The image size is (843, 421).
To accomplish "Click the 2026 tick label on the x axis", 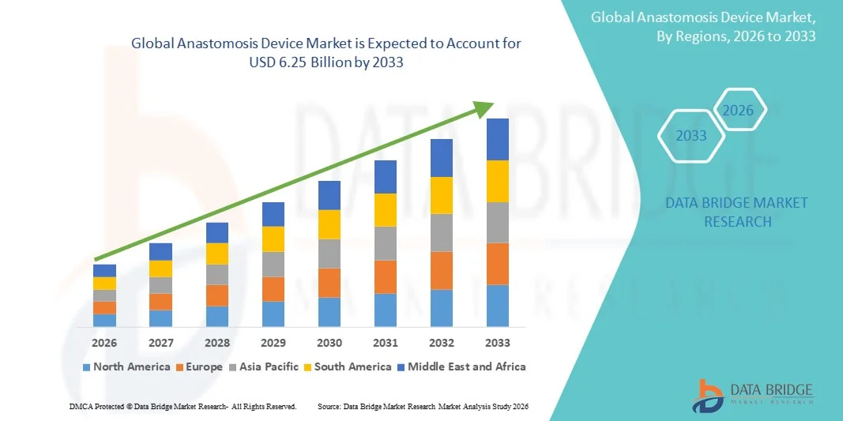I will pos(104,343).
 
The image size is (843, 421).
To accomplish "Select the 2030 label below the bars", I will pos(329,343).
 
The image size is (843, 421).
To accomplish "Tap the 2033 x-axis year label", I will pos(498,343).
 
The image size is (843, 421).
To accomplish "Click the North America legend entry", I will pos(126,366).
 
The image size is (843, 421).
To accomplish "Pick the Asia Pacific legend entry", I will pos(265,366).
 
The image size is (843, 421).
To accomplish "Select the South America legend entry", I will pos(347,366).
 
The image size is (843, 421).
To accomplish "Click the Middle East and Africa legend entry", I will pos(461,366).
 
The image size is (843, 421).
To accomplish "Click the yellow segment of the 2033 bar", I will pos(498,181).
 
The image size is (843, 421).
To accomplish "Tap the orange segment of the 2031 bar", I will pos(386,276).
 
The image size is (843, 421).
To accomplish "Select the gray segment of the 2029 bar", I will pos(273,264).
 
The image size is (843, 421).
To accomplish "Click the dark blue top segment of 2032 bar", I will pos(442,158).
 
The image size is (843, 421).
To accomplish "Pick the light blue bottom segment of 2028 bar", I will pos(217,316).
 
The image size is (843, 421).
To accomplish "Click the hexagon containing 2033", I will pos(691,136).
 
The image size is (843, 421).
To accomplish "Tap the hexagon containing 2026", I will pos(739,111).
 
